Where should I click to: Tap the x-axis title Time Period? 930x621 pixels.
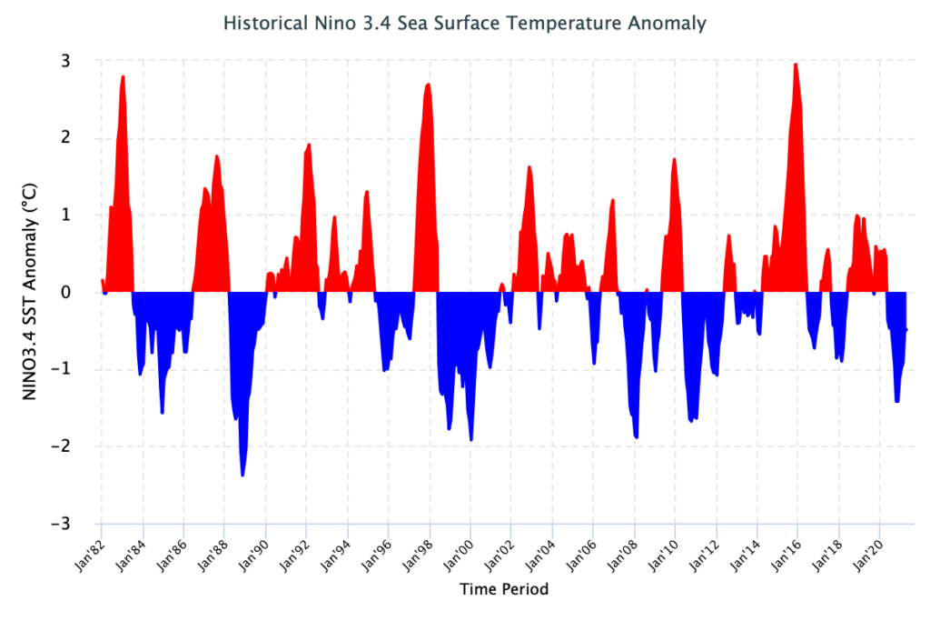(x=504, y=589)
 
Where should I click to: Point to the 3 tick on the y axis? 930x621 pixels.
(x=67, y=60)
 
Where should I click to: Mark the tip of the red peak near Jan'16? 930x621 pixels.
(x=796, y=65)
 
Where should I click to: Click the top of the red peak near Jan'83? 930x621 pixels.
(x=123, y=76)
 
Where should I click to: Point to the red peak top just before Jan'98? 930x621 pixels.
(x=428, y=84)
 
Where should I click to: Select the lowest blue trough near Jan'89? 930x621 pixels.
(x=242, y=476)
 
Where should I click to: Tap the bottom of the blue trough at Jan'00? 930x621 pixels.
(x=471, y=440)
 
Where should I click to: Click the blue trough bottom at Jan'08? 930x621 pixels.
(x=636, y=437)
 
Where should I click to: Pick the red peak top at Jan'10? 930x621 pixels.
(x=675, y=159)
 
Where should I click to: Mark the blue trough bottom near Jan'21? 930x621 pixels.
(x=897, y=401)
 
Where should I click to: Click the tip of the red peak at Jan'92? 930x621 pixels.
(x=310, y=145)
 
